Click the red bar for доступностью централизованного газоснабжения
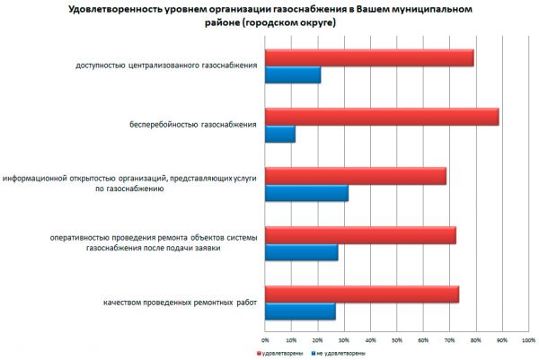click(x=368, y=58)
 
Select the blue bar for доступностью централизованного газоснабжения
click(x=292, y=75)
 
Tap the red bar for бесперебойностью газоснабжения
click(x=381, y=118)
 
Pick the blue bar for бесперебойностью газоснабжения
click(x=279, y=135)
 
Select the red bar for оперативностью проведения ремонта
click(x=359, y=235)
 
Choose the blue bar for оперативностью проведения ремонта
click(x=301, y=252)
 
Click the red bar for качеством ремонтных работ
click(x=361, y=294)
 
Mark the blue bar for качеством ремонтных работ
click(x=300, y=312)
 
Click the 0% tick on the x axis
click(x=265, y=339)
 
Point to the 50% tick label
click(x=397, y=339)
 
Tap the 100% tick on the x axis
click(x=528, y=339)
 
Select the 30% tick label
click(x=344, y=339)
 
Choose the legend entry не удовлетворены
click(x=338, y=354)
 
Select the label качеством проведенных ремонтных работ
click(x=180, y=302)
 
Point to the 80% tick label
click(x=476, y=339)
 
